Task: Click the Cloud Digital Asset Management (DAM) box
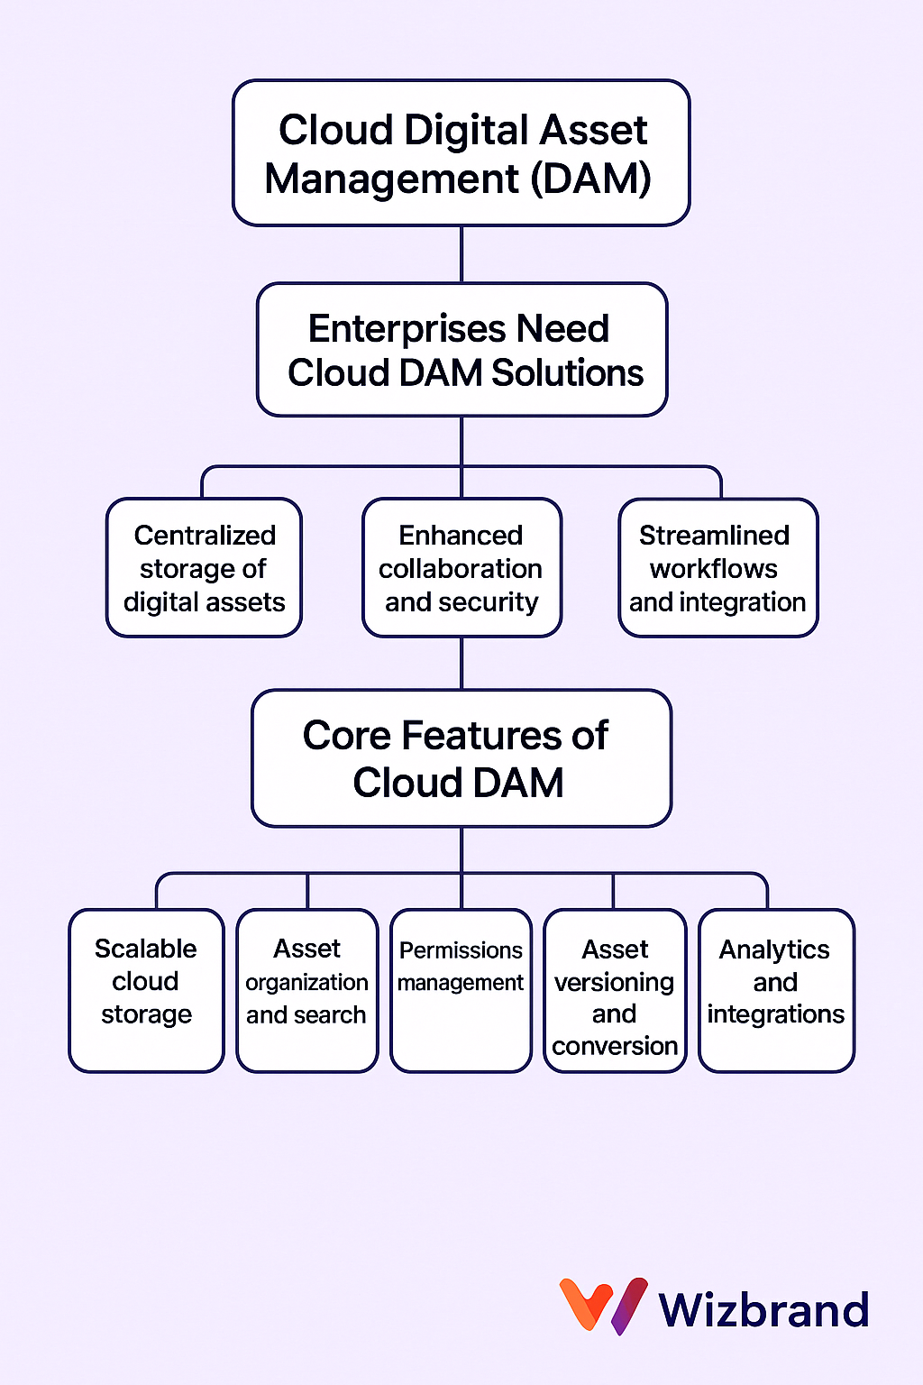click(x=461, y=152)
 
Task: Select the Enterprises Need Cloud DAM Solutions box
click(x=461, y=349)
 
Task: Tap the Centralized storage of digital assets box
click(x=204, y=567)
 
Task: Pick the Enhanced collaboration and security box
click(x=461, y=567)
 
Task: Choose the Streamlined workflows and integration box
click(x=718, y=567)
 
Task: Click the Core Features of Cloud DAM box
click(x=461, y=758)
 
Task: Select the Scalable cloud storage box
click(x=147, y=991)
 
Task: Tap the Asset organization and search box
click(x=307, y=991)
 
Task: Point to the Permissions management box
click(x=461, y=991)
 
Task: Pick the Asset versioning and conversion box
click(x=615, y=991)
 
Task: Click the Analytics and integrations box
click(x=776, y=991)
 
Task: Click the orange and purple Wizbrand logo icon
click(x=603, y=1306)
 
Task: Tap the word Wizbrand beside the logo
click(x=764, y=1308)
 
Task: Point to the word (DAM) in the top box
click(x=591, y=179)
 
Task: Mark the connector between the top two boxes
click(x=461, y=255)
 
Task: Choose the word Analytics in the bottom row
click(x=774, y=950)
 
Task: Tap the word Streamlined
click(x=714, y=536)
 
